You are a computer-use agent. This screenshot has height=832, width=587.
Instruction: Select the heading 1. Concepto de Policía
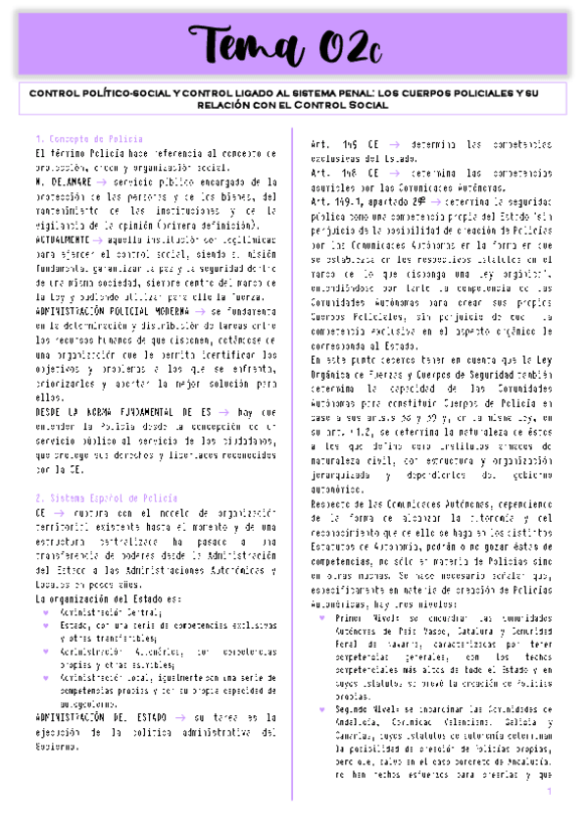pos(89,139)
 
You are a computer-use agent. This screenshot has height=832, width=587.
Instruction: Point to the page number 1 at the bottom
pos(551,792)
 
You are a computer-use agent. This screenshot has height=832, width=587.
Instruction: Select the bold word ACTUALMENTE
pos(61,238)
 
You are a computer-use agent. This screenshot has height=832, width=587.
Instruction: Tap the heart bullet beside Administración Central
pos(45,612)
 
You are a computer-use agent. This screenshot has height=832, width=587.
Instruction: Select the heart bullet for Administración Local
pos(45,676)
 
